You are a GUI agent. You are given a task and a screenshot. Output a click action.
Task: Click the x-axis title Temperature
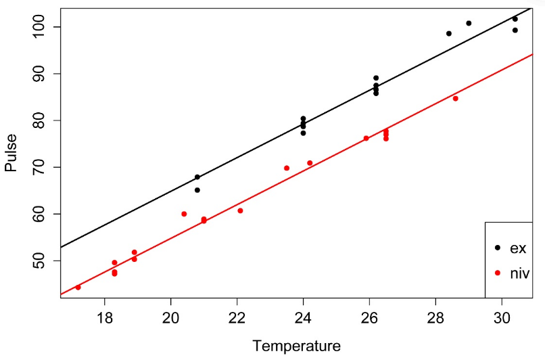[x=297, y=346]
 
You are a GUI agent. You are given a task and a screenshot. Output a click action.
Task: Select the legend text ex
[x=518, y=248]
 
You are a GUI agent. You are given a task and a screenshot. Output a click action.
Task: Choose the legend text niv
[x=519, y=273]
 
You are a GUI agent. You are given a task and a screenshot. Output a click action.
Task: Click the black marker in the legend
[x=498, y=248]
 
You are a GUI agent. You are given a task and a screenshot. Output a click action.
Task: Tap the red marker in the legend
[x=498, y=273]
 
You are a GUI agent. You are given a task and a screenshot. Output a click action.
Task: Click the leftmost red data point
[x=78, y=288]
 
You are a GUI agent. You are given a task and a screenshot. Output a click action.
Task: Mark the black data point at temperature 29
[x=469, y=23]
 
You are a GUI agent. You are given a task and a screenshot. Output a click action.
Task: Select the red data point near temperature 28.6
[x=455, y=99]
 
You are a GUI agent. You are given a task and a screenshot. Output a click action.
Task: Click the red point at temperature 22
[x=240, y=210]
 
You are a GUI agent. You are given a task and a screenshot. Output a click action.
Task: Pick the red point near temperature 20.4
[x=184, y=214]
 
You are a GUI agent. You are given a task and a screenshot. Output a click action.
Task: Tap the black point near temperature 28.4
[x=448, y=33]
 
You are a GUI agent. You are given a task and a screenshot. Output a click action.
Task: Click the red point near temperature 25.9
[x=366, y=139]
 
